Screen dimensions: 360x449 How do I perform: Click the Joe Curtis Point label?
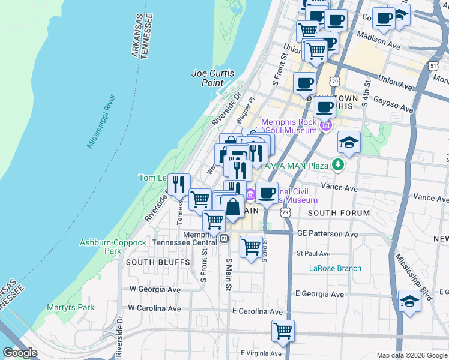pyautogui.click(x=212, y=78)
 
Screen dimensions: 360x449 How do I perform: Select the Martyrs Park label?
pyautogui.click(x=71, y=307)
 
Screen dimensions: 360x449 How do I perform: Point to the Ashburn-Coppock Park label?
pyautogui.click(x=113, y=247)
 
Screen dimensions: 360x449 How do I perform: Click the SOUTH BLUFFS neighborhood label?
pyautogui.click(x=148, y=262)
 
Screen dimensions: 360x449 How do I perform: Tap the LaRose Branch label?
pyautogui.click(x=335, y=268)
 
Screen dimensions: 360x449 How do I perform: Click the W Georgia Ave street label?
pyautogui.click(x=155, y=289)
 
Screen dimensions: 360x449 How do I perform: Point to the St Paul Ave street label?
pyautogui.click(x=313, y=253)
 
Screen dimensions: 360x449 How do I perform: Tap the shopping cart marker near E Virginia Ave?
pyautogui.click(x=283, y=331)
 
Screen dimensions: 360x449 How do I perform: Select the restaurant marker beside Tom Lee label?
pyautogui.click(x=178, y=184)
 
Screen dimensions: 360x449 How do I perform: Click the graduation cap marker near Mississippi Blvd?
pyautogui.click(x=409, y=301)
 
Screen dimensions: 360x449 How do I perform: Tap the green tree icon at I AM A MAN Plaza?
pyautogui.click(x=339, y=164)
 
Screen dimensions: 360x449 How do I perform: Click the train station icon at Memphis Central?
pyautogui.click(x=223, y=238)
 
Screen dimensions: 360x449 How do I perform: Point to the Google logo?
pyautogui.click(x=20, y=352)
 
